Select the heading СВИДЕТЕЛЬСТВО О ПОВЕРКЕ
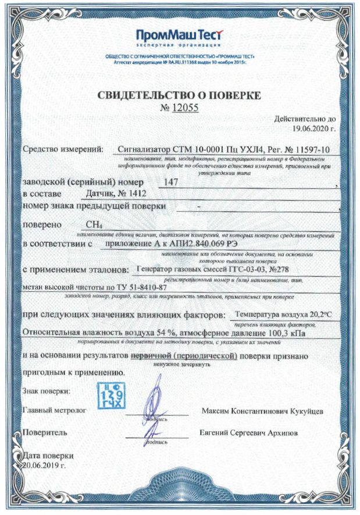click(180, 95)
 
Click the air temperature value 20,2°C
click(315, 314)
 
